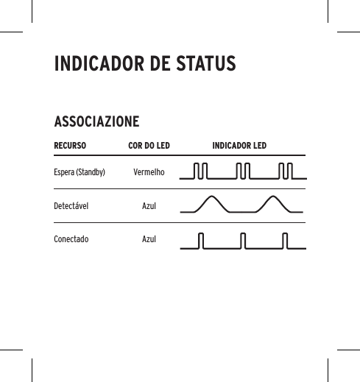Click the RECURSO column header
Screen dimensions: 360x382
coord(70,146)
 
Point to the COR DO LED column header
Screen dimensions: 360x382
coord(149,146)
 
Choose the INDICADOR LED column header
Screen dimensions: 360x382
coord(239,146)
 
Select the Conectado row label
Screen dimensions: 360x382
coord(71,239)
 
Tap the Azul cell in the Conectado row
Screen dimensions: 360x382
coord(149,239)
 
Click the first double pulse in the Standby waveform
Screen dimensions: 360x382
coord(200,172)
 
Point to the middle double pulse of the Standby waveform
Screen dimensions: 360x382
coord(244,172)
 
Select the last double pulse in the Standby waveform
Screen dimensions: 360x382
coord(287,172)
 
